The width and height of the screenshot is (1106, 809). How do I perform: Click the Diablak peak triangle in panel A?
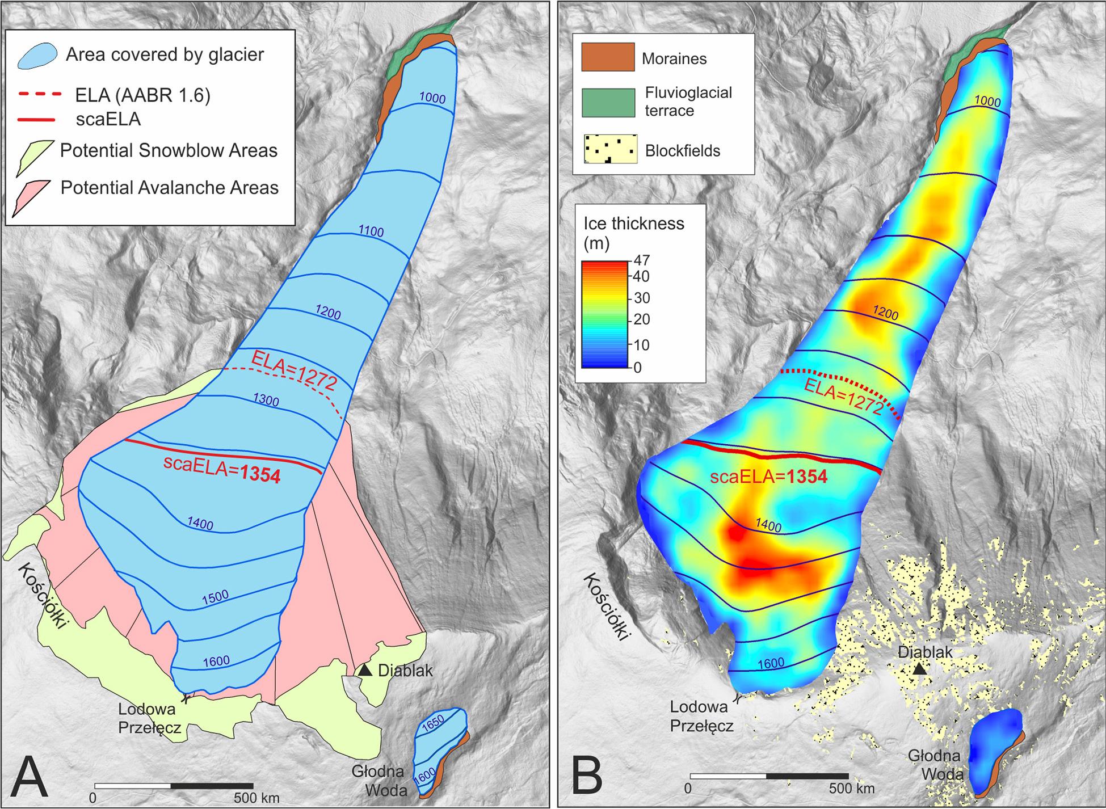pos(366,671)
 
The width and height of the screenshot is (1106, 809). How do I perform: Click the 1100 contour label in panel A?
pos(371,231)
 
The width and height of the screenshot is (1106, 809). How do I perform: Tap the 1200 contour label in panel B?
pos(886,313)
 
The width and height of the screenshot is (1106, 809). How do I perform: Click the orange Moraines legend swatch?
pos(608,57)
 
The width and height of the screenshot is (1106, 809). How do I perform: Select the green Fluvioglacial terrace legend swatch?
pos(608,102)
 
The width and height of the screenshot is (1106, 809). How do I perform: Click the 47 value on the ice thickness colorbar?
pos(644,260)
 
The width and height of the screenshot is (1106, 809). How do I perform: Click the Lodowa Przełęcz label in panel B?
pos(702,717)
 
